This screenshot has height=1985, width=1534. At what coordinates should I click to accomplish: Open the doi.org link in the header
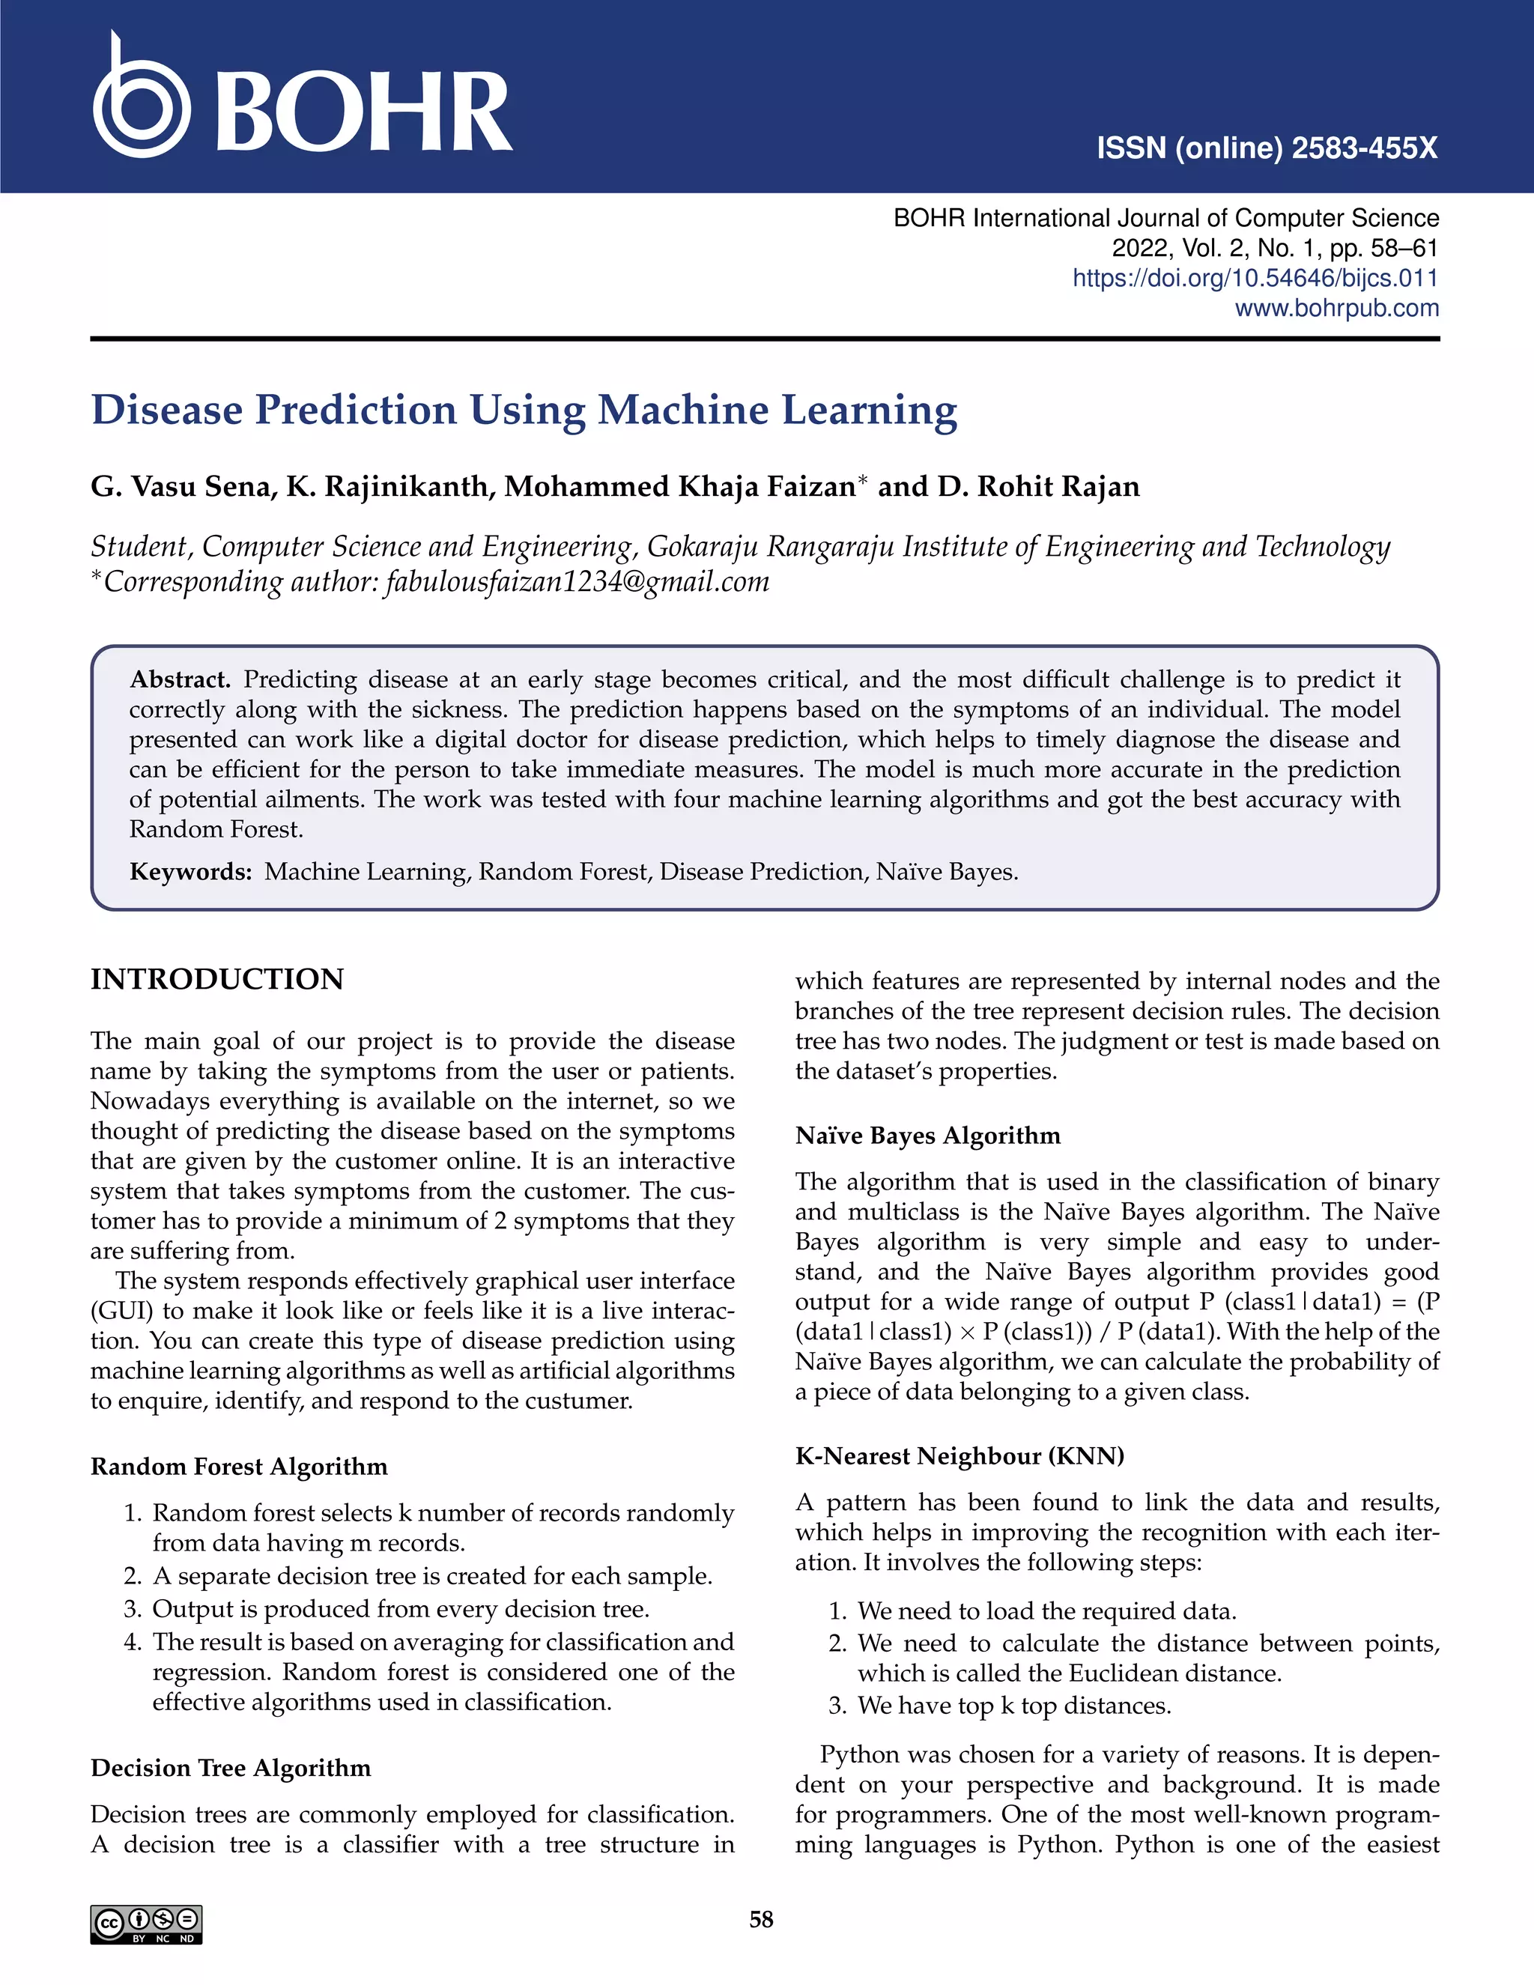pyautogui.click(x=1255, y=278)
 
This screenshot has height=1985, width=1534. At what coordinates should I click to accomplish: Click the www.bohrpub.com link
pyautogui.click(x=1336, y=308)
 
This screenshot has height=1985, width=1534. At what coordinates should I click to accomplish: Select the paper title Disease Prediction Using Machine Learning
pyautogui.click(x=524, y=410)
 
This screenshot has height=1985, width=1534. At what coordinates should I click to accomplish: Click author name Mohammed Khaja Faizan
pyautogui.click(x=680, y=487)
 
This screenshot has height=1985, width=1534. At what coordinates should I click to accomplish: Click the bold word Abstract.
pyautogui.click(x=180, y=680)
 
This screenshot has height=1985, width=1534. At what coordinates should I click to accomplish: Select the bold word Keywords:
pyautogui.click(x=190, y=872)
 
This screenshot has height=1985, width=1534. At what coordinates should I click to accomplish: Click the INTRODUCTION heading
pyautogui.click(x=217, y=980)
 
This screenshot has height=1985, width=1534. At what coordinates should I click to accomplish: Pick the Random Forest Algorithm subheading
pyautogui.click(x=239, y=1467)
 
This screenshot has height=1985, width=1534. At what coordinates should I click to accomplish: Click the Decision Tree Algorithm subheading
pyautogui.click(x=231, y=1768)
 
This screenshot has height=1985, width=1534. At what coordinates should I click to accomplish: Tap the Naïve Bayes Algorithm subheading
pyautogui.click(x=928, y=1136)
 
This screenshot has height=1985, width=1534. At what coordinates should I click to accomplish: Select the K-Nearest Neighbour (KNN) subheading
pyautogui.click(x=959, y=1456)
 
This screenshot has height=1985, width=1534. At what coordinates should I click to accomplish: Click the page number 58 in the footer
pyautogui.click(x=762, y=1920)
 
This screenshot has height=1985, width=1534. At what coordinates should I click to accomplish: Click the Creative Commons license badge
pyautogui.click(x=146, y=1924)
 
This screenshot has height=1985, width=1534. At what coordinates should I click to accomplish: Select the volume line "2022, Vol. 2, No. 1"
pyautogui.click(x=1215, y=248)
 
